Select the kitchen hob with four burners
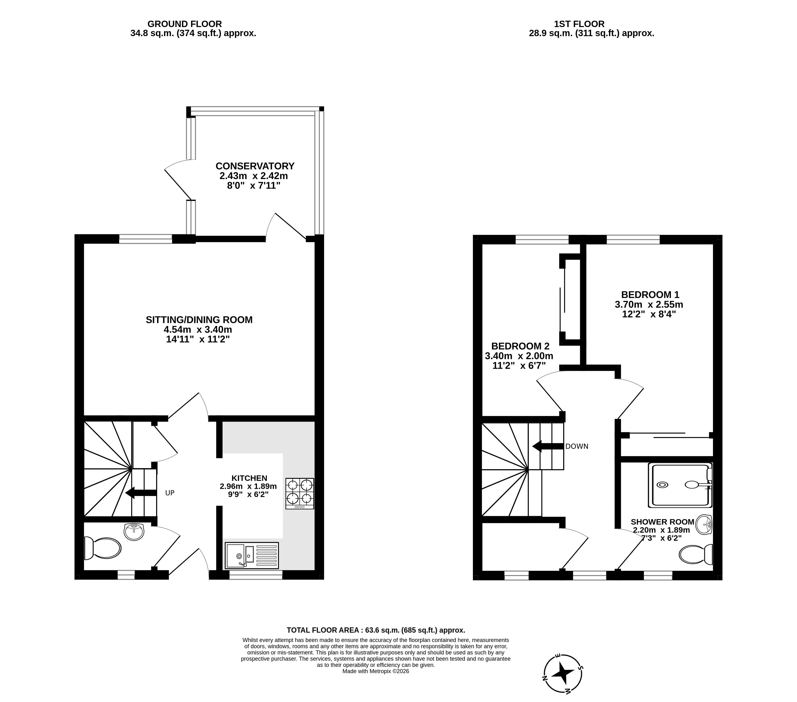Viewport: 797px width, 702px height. tap(300, 493)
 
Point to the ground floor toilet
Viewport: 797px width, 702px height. tap(102, 548)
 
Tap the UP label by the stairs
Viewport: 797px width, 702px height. tap(170, 493)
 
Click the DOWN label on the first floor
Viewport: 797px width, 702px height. tap(577, 446)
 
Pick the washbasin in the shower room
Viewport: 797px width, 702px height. tap(704, 524)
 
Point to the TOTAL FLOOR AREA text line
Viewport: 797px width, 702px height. tap(376, 630)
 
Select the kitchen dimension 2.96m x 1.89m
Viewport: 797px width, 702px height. tap(248, 486)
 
